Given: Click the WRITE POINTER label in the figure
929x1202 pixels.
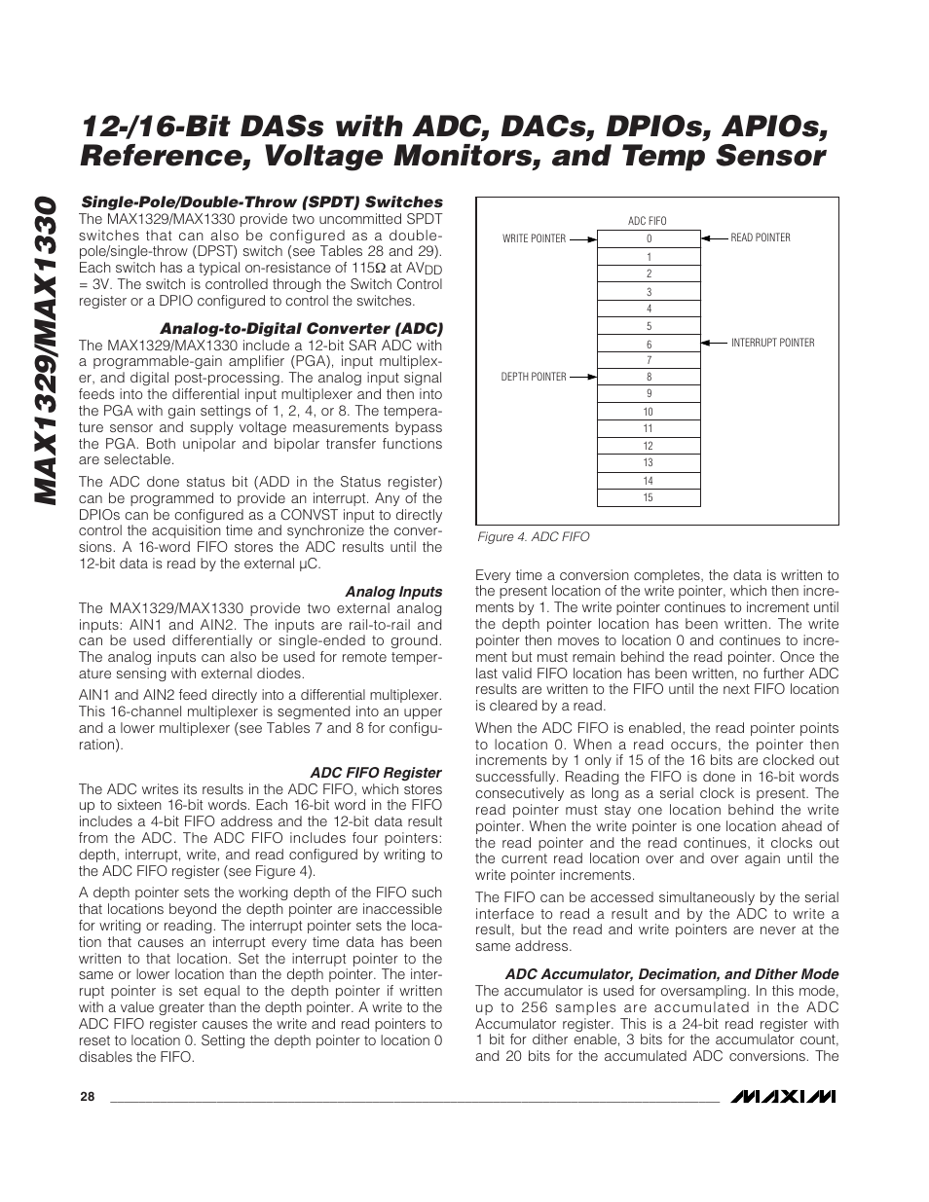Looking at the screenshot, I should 534,238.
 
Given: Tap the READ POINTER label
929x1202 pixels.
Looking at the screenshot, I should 761,237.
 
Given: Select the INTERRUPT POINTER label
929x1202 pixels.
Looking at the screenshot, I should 772,343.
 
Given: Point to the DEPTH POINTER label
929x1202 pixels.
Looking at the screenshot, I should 534,377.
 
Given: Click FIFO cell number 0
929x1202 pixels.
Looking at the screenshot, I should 649,239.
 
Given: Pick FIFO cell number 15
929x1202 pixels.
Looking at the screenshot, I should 649,498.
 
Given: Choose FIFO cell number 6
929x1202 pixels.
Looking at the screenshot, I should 649,345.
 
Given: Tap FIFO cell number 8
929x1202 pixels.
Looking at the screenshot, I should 649,378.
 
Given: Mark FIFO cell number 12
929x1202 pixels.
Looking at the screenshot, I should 649,446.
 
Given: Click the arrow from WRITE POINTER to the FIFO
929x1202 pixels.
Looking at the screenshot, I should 581,238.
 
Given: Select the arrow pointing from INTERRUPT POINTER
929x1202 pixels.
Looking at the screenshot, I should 714,343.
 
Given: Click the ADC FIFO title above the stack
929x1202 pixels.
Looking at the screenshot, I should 648,221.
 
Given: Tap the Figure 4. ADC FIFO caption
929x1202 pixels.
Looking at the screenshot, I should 533,537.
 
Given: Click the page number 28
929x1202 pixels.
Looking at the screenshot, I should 88,1097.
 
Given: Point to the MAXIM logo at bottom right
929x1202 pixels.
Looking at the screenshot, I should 784,1097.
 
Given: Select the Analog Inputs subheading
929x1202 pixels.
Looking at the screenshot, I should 393,592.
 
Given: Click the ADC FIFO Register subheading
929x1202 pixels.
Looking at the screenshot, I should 376,773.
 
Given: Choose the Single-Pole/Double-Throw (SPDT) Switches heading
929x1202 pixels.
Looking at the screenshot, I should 261,202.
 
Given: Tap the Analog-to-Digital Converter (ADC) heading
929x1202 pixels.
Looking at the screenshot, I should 301,328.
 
